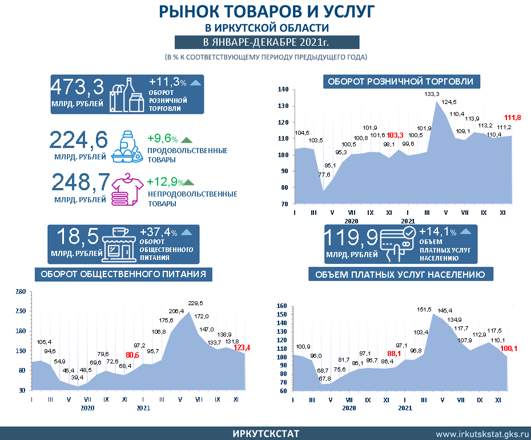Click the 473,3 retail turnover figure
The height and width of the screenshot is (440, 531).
78,87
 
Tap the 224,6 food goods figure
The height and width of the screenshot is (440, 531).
79,141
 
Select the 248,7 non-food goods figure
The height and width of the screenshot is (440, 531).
81,182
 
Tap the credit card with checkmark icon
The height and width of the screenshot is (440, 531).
397,243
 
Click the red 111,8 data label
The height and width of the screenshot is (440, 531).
512,118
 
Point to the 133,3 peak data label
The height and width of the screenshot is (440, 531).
432,94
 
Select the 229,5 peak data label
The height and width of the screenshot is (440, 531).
196,303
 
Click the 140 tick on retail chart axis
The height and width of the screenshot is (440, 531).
283,90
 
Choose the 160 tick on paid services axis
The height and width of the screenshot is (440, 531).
280,306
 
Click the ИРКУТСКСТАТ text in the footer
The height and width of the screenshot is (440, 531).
265,434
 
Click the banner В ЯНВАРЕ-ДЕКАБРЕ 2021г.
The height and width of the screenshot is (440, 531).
267,42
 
